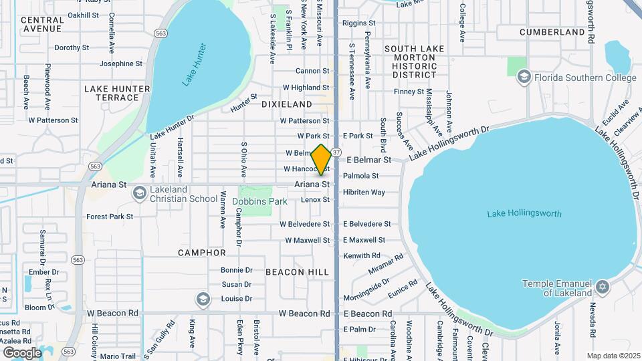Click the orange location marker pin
[321, 160]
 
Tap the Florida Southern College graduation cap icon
[524, 78]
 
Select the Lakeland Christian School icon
[139, 194]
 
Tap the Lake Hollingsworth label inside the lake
[524, 214]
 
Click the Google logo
[23, 352]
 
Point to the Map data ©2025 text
[613, 356]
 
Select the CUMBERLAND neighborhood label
[552, 32]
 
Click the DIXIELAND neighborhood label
[287, 104]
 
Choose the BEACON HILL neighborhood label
[297, 272]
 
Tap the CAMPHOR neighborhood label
[202, 253]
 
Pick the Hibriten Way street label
[364, 192]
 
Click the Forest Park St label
[110, 217]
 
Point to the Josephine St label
[121, 64]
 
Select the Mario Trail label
[118, 356]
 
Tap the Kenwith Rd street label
[361, 255]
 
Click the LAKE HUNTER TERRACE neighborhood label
[112, 93]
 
